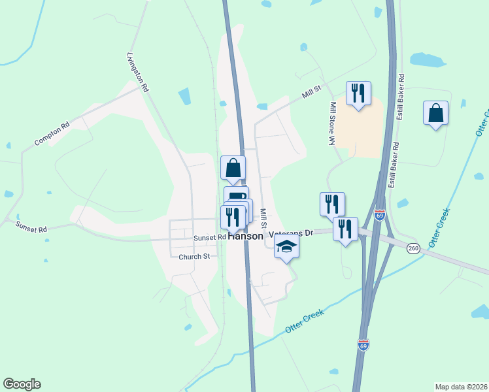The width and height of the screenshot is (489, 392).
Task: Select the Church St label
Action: tap(194, 257)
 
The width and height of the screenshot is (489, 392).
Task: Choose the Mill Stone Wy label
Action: tap(332, 123)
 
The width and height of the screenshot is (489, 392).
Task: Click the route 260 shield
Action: tap(413, 248)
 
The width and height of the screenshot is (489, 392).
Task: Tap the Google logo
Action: tap(22, 384)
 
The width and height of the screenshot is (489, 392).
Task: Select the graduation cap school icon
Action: tap(286, 248)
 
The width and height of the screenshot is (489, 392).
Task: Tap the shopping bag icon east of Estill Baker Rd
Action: tap(435, 113)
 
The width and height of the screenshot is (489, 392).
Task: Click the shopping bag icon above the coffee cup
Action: tap(233, 168)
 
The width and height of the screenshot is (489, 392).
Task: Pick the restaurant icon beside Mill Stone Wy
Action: tap(358, 93)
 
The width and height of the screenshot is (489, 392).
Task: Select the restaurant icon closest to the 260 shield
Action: tap(345, 229)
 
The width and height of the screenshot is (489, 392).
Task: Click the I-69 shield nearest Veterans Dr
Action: tap(379, 214)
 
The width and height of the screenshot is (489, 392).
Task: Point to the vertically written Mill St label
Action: tap(263, 218)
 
